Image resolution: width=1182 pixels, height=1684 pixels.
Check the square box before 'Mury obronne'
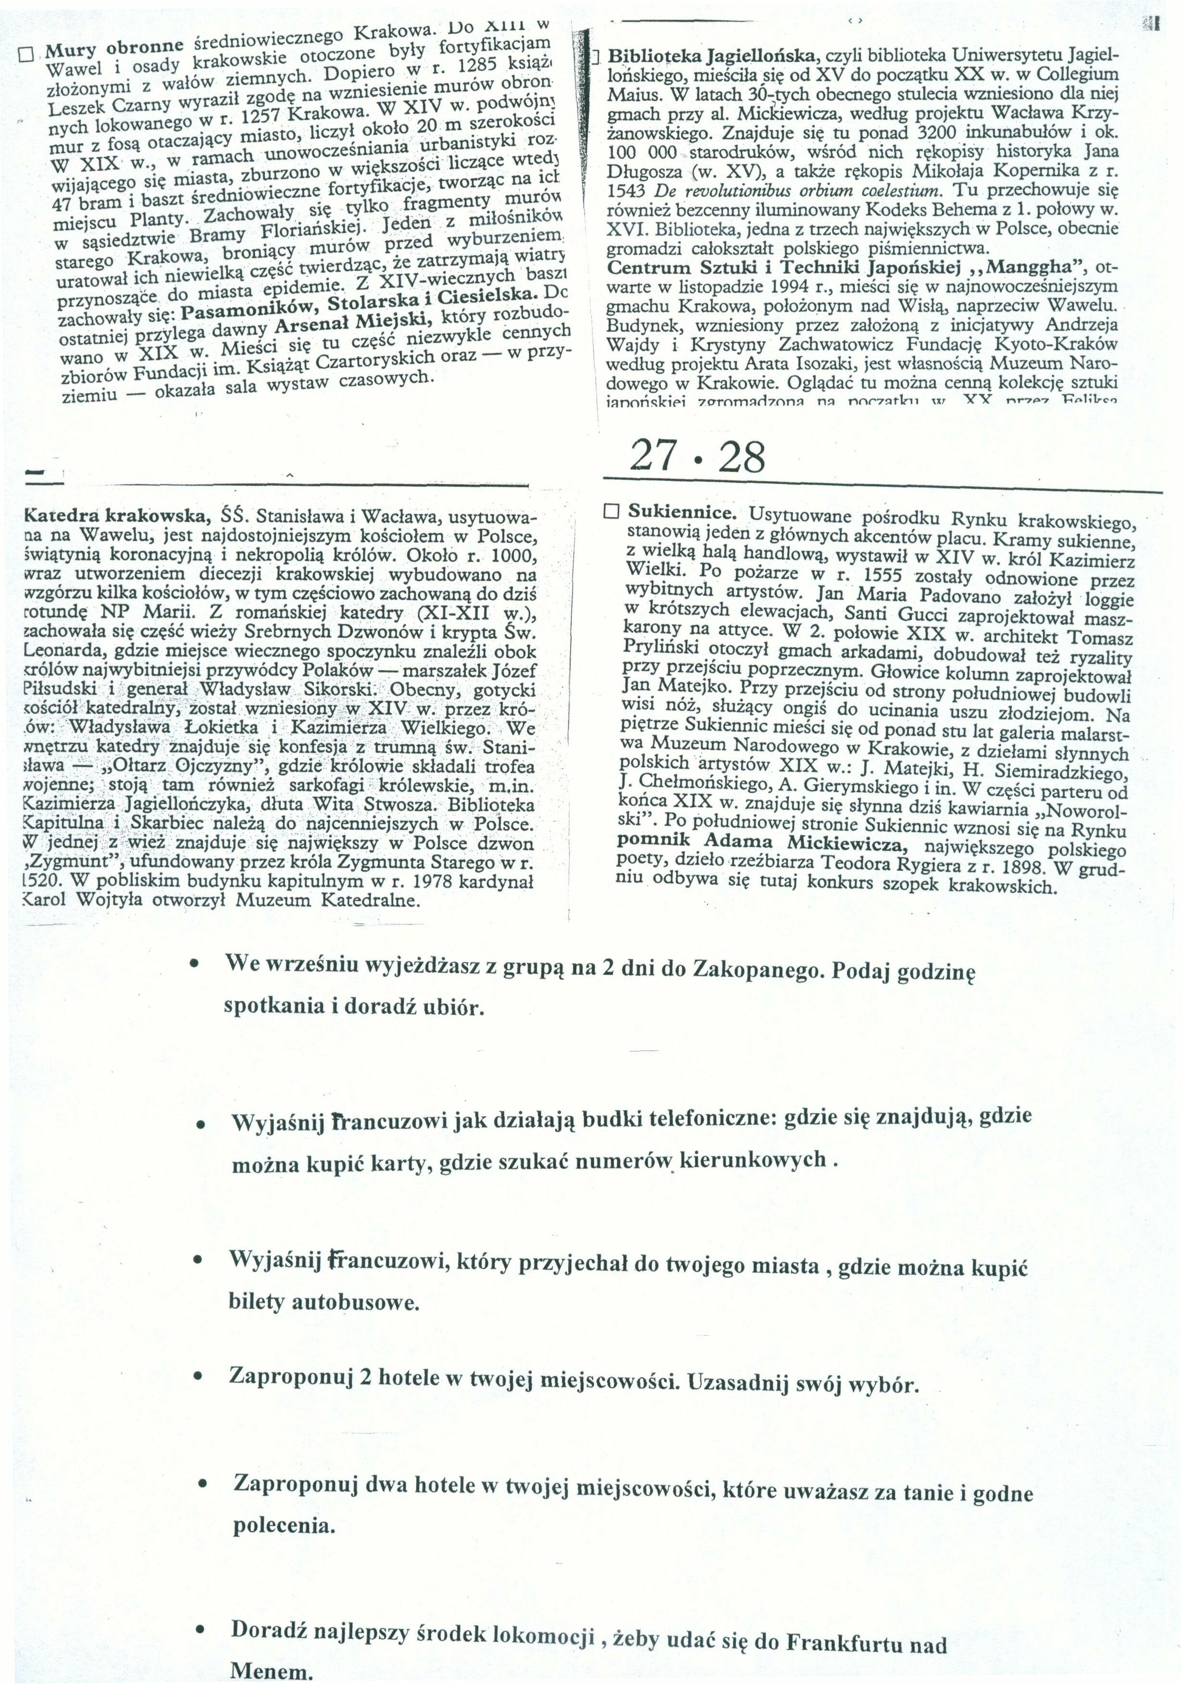click(26, 54)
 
